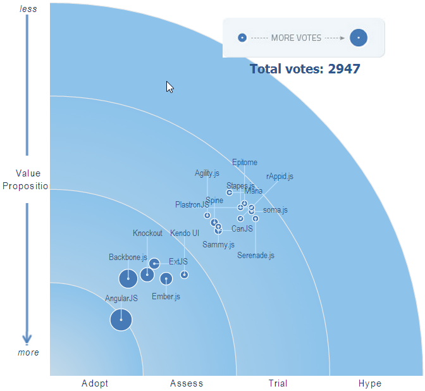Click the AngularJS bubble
click(x=121, y=320)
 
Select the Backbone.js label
click(x=128, y=258)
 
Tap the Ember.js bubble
click(x=166, y=278)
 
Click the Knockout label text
click(x=147, y=233)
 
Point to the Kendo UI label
click(x=185, y=233)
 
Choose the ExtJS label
click(x=178, y=261)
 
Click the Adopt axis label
click(x=95, y=383)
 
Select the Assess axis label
click(x=187, y=383)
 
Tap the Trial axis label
click(x=278, y=383)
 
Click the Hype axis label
click(x=370, y=383)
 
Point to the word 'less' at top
click(x=28, y=9)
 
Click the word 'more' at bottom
click(x=28, y=352)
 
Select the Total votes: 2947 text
click(x=305, y=69)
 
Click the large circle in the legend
click(x=359, y=38)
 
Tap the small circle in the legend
click(x=242, y=38)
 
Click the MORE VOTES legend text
click(x=296, y=38)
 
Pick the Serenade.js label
click(x=256, y=256)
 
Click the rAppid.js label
click(x=280, y=177)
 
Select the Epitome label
click(x=245, y=163)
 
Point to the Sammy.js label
click(x=218, y=244)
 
